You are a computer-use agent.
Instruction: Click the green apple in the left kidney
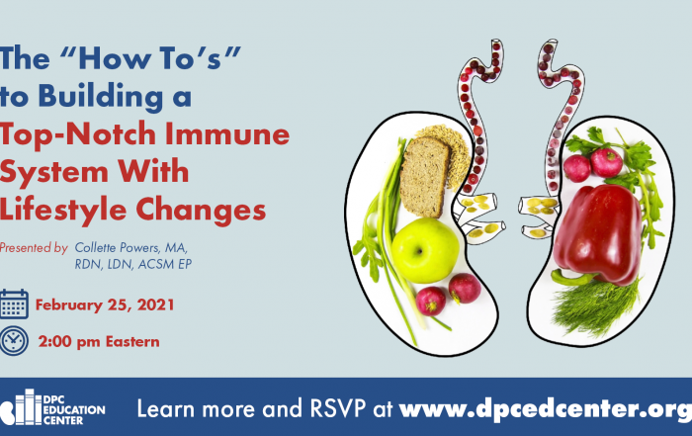(425, 250)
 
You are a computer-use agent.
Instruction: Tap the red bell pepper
(597, 234)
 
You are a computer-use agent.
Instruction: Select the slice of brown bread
(424, 177)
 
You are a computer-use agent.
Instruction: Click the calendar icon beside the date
(14, 305)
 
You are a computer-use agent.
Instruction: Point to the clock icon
(14, 341)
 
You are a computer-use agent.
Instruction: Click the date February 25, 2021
(105, 305)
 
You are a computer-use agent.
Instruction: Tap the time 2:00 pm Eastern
(99, 341)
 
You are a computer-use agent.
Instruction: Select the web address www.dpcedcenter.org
(546, 409)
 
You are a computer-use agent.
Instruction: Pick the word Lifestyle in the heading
(63, 210)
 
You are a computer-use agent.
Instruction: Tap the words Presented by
(34, 247)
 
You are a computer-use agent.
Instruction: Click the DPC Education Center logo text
(74, 410)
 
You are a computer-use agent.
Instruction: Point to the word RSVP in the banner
(338, 408)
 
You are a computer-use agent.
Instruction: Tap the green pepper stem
(572, 277)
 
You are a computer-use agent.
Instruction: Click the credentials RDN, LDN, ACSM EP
(133, 264)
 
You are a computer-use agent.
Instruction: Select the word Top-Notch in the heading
(78, 135)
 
